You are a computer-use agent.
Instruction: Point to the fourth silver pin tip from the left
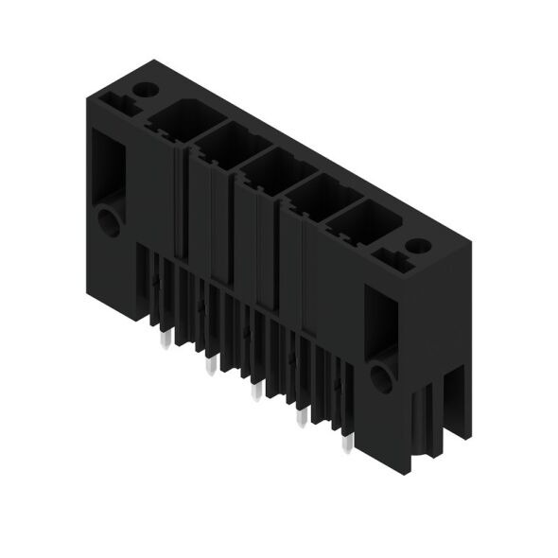(301, 417)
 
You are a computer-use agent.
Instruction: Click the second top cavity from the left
(224, 147)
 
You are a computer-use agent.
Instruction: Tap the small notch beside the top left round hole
(118, 97)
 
